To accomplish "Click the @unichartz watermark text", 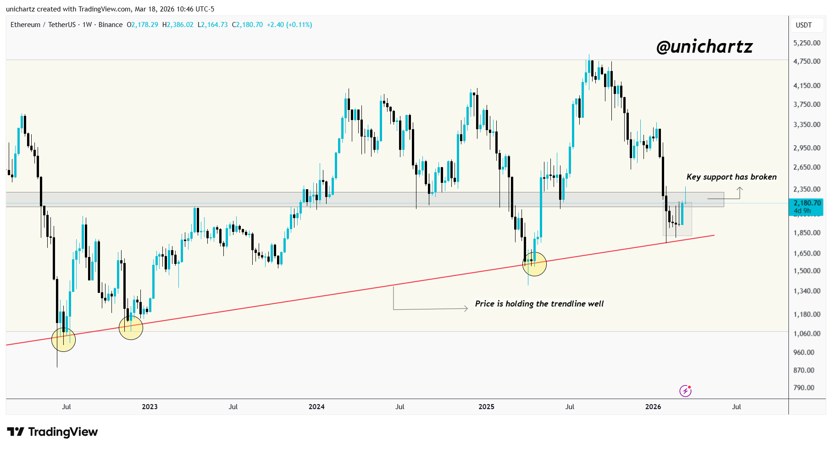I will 704,47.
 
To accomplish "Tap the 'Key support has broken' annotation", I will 731,177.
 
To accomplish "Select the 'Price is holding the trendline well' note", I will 539,304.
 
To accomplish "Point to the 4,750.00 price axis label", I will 807,61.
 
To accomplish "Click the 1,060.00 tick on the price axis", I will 807,334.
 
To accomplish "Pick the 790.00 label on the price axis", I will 804,388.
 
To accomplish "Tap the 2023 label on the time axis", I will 150,407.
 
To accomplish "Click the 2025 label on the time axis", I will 486,407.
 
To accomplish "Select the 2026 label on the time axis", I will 653,407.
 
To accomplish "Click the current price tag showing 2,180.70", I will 807,203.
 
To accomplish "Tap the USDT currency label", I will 804,25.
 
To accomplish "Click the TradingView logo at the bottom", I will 52,432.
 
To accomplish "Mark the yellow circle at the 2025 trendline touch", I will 534,264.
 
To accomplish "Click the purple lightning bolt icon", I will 685,391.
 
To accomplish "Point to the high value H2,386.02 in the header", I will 178,25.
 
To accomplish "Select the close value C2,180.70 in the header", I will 247,25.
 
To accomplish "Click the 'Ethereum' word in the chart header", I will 25,25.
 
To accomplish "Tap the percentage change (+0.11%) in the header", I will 299,25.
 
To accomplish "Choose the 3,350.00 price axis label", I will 807,125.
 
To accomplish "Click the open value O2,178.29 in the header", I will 142,25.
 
